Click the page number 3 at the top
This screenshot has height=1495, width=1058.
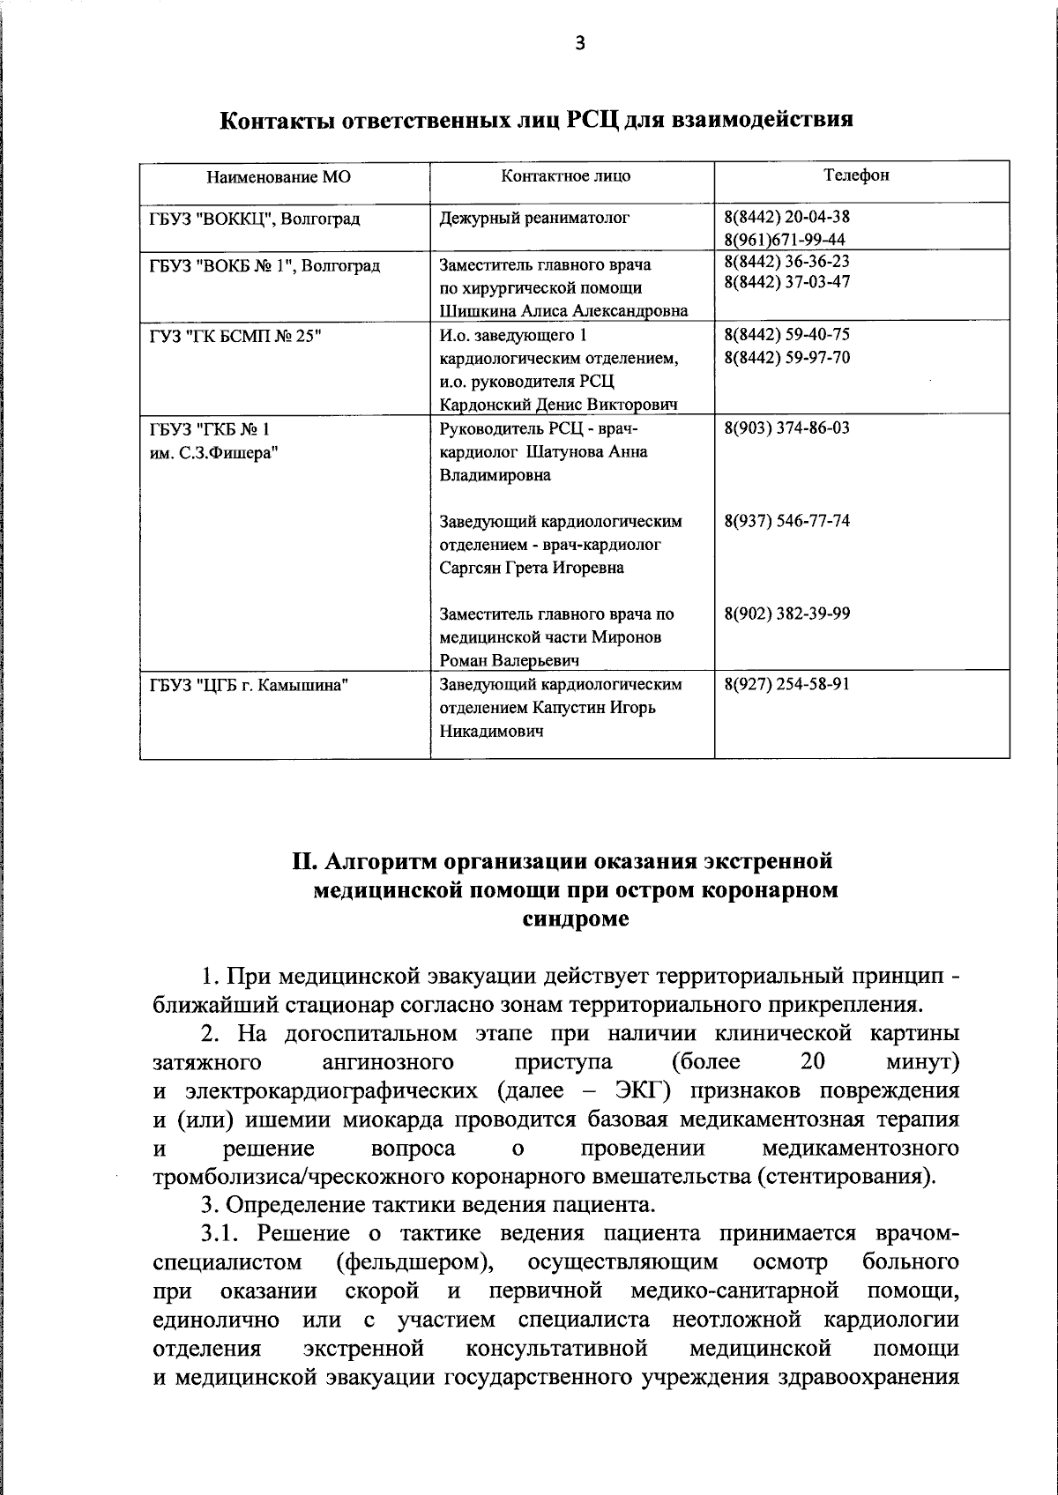(x=579, y=43)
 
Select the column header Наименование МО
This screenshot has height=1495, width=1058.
(x=279, y=176)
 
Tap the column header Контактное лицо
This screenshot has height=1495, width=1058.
(x=566, y=175)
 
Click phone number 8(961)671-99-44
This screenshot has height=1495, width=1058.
(x=785, y=240)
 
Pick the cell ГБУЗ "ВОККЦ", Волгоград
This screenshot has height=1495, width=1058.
(x=255, y=219)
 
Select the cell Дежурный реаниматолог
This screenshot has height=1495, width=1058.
(x=534, y=218)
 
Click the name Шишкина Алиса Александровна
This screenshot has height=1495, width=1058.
(x=563, y=310)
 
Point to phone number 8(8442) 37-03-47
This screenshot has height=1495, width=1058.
(x=786, y=282)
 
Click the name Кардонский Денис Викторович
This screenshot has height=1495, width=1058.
(x=558, y=405)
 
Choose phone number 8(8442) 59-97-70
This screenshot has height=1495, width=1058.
(x=786, y=357)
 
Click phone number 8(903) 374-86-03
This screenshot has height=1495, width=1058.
(x=786, y=428)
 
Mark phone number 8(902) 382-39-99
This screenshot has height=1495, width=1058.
(x=786, y=614)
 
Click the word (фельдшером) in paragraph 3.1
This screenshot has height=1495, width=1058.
(x=414, y=1262)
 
